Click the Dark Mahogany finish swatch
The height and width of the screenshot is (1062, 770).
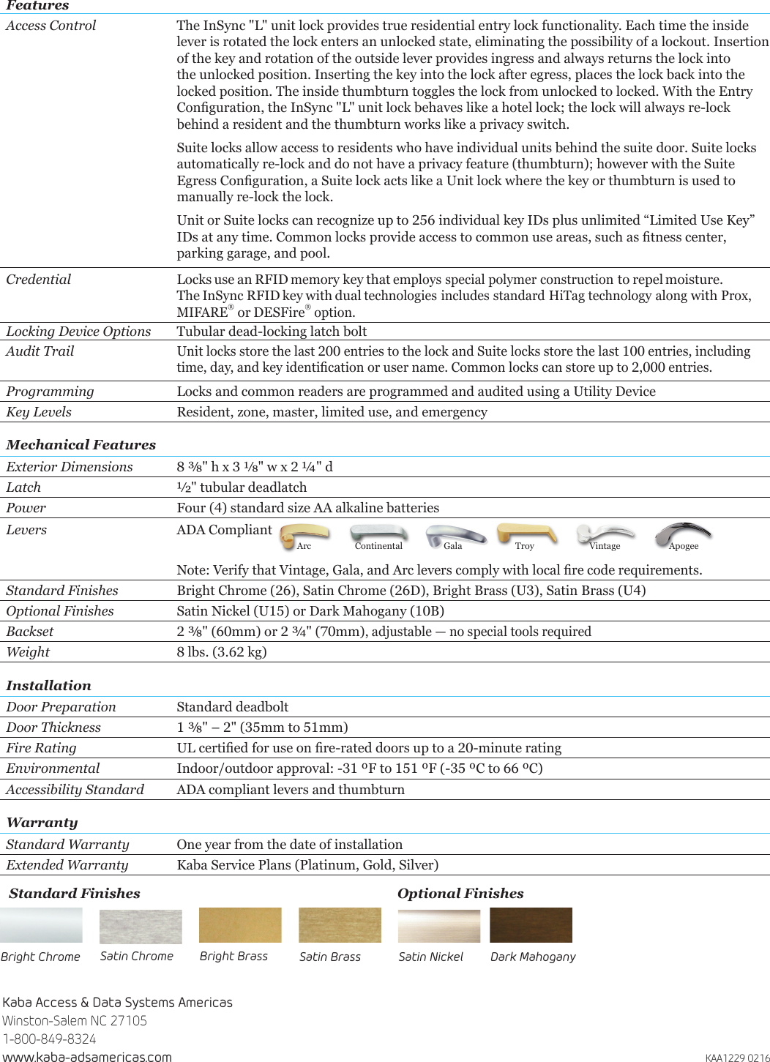coord(531,925)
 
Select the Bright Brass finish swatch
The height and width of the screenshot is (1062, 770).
coord(240,925)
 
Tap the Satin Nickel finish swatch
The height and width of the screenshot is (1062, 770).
coord(439,926)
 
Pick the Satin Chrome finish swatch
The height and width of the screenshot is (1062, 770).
coord(141,926)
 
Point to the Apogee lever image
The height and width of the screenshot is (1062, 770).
coord(682,532)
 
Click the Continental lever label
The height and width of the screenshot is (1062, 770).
coord(378,546)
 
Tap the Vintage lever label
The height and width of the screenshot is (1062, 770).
coord(605,546)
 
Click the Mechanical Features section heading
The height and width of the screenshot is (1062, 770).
coord(81,445)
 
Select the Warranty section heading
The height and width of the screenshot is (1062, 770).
coord(42,823)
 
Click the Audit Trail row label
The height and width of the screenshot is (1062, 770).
coord(40,351)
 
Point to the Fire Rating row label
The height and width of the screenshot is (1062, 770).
coord(41,748)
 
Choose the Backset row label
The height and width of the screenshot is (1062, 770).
coord(30,632)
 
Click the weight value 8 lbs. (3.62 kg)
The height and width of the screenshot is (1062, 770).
coord(222,652)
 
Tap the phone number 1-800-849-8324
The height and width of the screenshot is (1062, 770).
coord(49,1039)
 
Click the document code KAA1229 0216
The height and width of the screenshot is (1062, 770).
coord(737,1058)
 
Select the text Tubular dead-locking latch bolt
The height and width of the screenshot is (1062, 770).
coord(272,332)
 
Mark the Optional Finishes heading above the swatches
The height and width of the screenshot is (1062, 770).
coord(460,894)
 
